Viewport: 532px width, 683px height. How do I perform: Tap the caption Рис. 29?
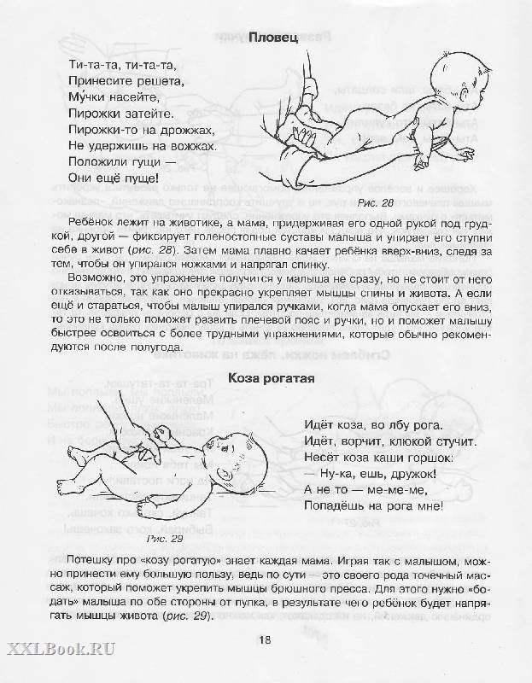(x=164, y=539)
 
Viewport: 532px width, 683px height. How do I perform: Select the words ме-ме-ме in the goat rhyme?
(x=386, y=490)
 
